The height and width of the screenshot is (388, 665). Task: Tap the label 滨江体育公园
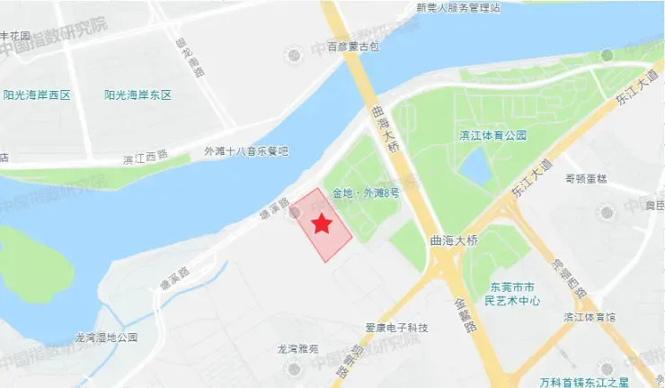pos(492,136)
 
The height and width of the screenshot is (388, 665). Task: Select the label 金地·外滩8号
pos(365,193)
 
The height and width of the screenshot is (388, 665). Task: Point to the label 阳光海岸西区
pos(37,95)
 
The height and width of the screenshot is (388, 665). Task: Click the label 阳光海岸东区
pos(137,95)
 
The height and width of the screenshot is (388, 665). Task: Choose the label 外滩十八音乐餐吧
pos(245,151)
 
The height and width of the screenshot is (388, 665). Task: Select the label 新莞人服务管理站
pos(457,7)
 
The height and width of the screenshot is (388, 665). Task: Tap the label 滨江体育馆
pos(589,317)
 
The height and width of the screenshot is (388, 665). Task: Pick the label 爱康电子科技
pos(397,327)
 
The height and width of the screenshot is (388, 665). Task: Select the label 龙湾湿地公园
pos(106,338)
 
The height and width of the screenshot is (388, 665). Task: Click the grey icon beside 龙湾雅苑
pos(290,367)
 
